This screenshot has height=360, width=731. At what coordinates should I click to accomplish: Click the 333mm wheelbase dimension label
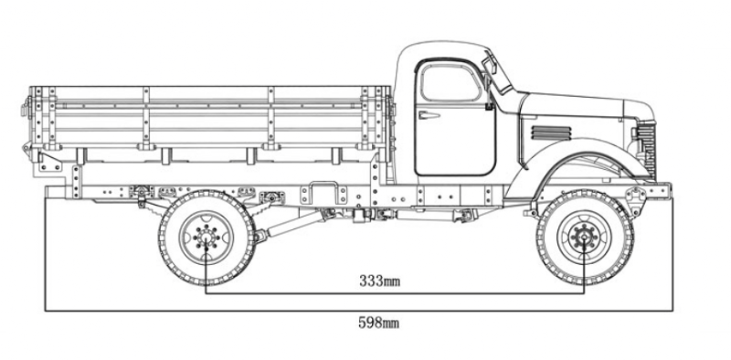coord(379,281)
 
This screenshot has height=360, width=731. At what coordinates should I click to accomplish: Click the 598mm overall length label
coord(378,323)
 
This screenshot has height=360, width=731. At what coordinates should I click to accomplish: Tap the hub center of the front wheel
coord(584,238)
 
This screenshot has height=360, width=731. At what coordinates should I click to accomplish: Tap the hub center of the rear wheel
coord(206,238)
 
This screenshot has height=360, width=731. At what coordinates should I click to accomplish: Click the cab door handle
coord(429,115)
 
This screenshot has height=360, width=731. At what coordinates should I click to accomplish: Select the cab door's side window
coord(450,83)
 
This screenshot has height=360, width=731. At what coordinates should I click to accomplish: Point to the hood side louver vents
coord(551,132)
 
